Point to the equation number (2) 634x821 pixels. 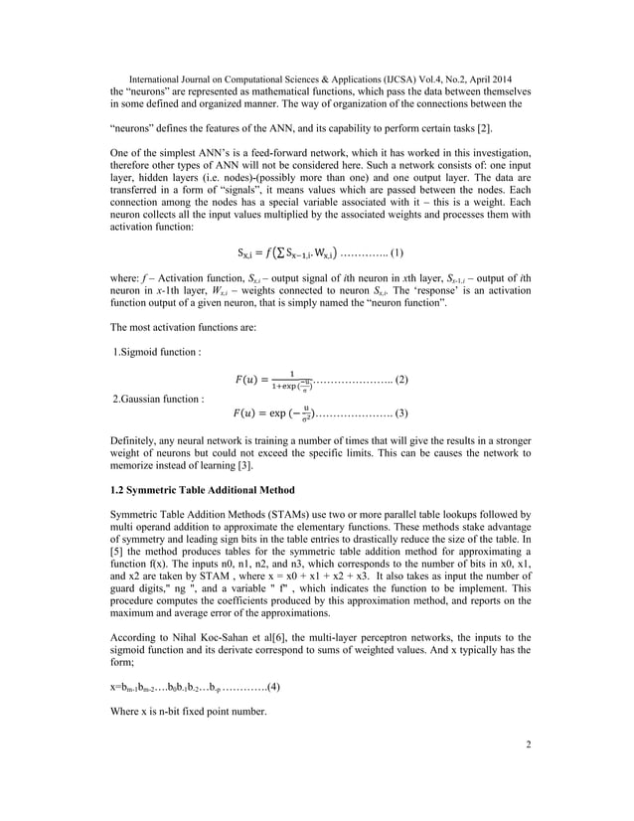402,380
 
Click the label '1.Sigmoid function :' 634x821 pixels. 160,351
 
